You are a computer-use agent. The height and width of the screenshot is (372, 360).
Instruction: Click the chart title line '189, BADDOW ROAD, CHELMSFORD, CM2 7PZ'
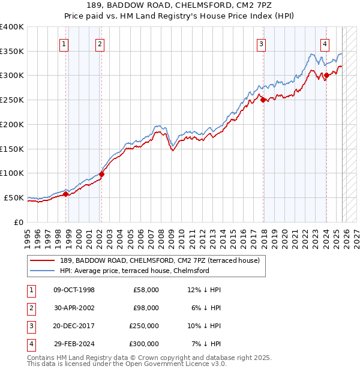(179, 5)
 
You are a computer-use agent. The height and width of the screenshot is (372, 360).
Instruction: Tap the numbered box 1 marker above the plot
(64, 43)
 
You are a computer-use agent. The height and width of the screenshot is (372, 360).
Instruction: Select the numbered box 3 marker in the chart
(262, 43)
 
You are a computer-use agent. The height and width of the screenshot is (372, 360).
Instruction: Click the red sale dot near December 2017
(263, 100)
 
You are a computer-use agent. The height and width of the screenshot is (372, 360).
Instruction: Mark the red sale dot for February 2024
(326, 76)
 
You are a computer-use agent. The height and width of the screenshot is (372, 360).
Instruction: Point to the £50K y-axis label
(14, 197)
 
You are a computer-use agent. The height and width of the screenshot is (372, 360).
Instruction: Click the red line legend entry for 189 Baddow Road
(160, 260)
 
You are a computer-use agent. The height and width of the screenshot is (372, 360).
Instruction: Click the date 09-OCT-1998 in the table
(74, 290)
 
